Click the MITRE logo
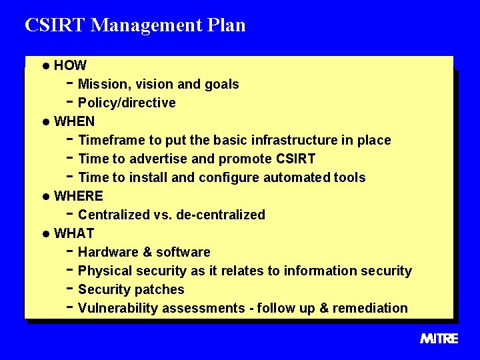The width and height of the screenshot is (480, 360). point(439,339)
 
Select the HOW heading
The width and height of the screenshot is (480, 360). point(70,65)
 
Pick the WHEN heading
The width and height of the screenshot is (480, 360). point(74,121)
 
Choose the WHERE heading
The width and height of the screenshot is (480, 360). point(78,196)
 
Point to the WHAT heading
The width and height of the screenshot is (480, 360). point(74,233)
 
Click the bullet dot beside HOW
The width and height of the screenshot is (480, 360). point(45,66)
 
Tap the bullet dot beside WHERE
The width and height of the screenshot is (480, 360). point(45,197)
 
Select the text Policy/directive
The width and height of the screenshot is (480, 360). point(127,103)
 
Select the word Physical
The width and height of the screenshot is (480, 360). point(105,271)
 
